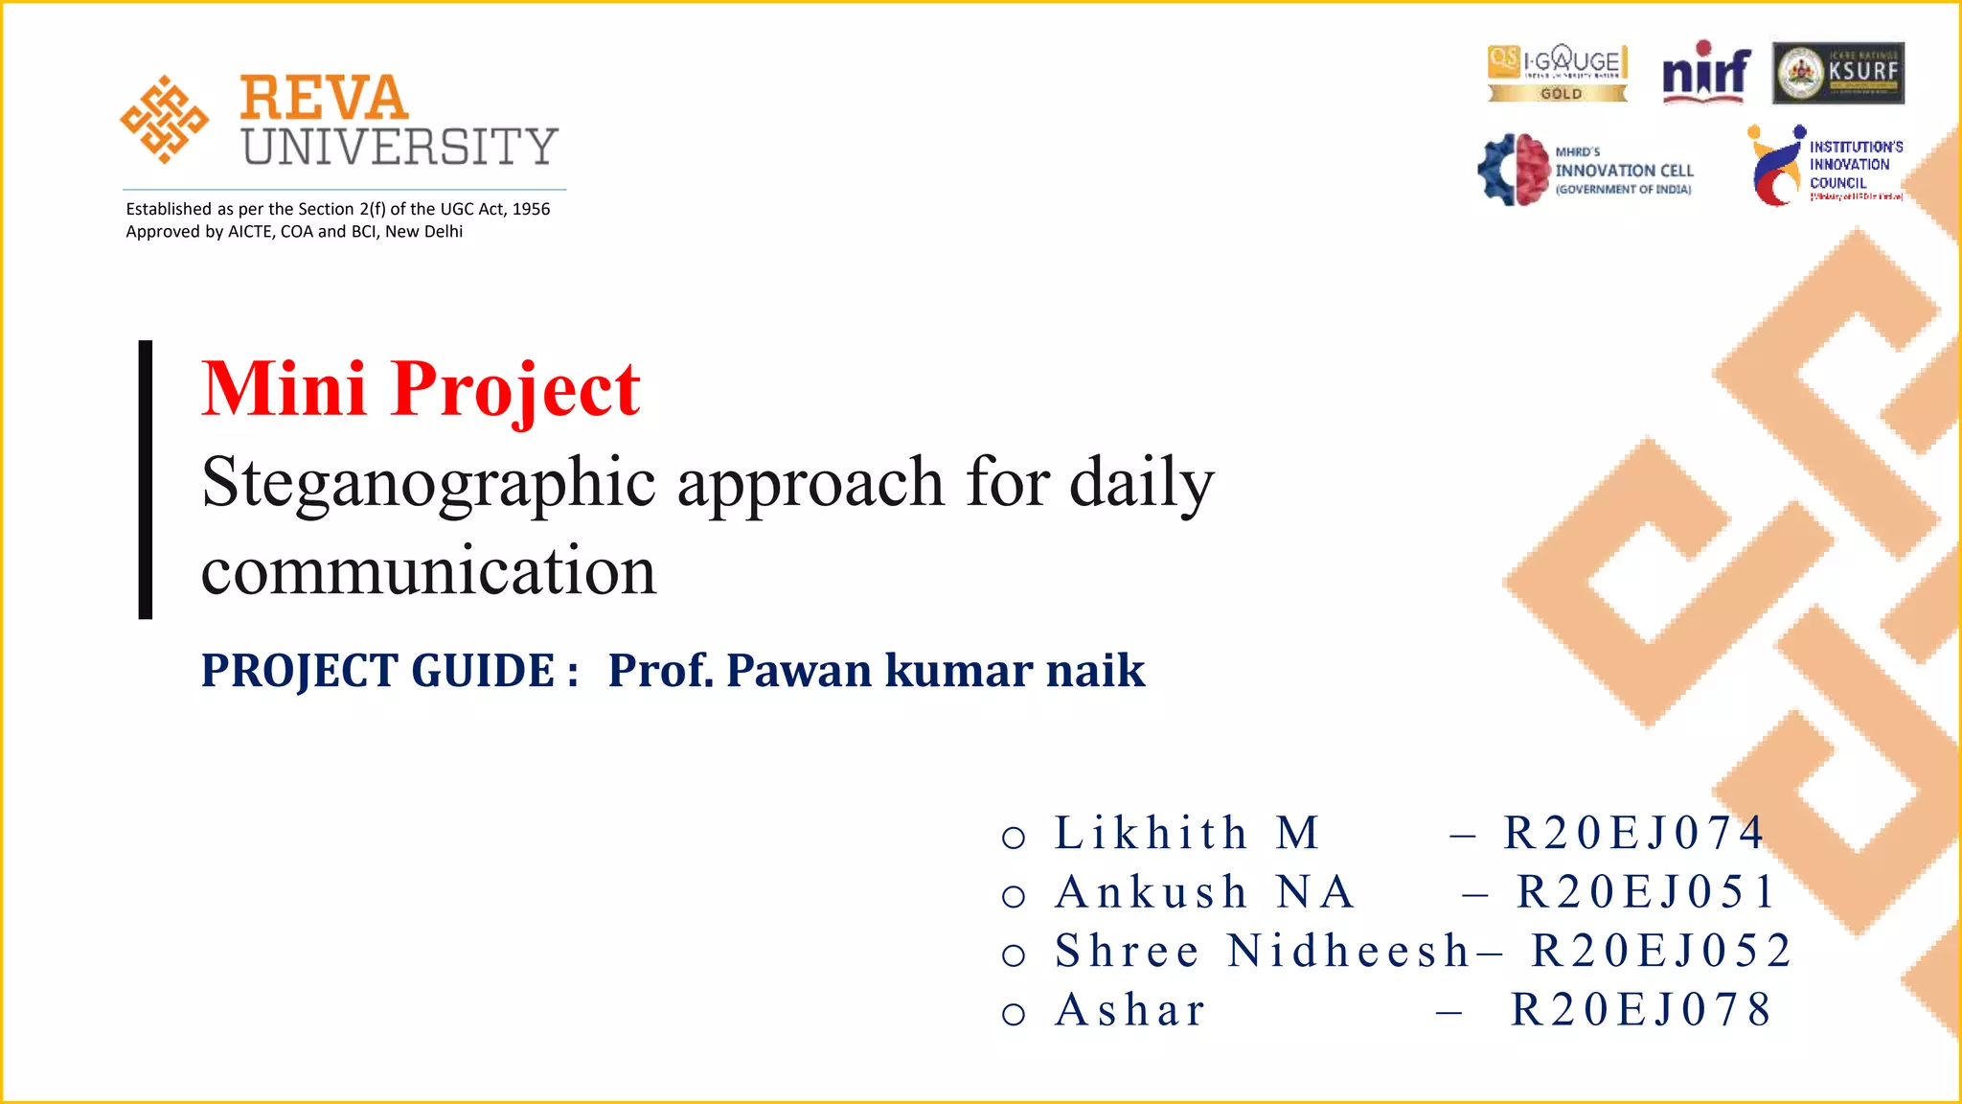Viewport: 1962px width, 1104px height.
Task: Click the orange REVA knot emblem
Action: click(x=164, y=120)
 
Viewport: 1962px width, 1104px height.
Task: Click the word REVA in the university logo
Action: click(x=324, y=98)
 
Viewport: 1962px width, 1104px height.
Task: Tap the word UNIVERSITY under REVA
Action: click(x=399, y=147)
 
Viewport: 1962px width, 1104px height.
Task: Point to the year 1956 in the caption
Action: click(x=531, y=209)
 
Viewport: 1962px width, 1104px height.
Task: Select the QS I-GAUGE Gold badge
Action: click(x=1558, y=73)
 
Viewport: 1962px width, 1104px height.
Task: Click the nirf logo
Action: click(x=1706, y=72)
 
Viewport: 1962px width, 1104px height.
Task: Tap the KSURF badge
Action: click(x=1837, y=73)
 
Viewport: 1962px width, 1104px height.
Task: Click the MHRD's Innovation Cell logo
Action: click(x=1586, y=170)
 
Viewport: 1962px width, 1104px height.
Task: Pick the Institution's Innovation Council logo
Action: click(x=1824, y=165)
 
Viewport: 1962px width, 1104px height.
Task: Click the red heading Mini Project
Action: click(x=421, y=389)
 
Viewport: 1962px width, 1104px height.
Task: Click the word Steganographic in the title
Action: click(x=428, y=482)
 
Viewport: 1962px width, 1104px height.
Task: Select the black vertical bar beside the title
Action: click(x=146, y=479)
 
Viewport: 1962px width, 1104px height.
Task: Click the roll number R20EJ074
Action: click(x=1633, y=833)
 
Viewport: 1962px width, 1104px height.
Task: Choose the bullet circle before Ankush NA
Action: click(x=1014, y=896)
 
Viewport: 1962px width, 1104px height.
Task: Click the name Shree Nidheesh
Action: click(x=1262, y=952)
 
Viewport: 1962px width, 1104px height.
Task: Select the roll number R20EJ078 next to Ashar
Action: click(x=1641, y=1010)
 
